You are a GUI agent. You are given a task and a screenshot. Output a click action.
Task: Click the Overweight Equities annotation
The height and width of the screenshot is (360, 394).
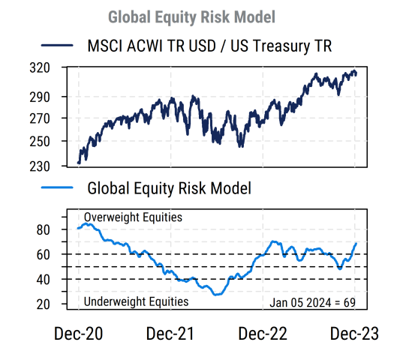pyautogui.click(x=133, y=217)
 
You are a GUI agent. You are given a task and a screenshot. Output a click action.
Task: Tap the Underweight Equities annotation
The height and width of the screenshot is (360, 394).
pyautogui.click(x=135, y=301)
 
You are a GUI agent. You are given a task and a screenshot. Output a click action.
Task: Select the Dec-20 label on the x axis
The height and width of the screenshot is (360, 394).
pyautogui.click(x=78, y=334)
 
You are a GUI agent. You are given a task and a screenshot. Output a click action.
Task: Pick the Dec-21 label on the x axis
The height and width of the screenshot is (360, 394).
pyautogui.click(x=170, y=334)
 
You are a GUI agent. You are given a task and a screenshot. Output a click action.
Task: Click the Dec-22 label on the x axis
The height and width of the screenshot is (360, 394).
pyautogui.click(x=263, y=334)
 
